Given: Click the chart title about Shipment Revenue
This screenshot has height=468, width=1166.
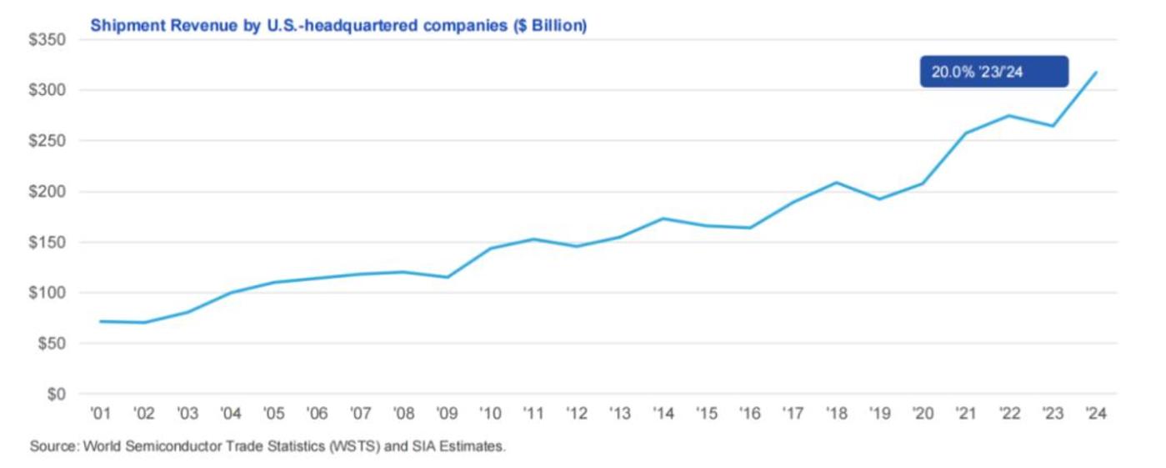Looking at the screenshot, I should (x=338, y=26).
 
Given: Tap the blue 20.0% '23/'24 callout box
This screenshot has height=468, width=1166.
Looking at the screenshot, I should (x=993, y=73).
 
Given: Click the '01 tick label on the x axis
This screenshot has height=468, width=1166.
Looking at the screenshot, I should (x=100, y=414).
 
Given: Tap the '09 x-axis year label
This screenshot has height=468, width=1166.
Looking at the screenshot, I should (x=446, y=414).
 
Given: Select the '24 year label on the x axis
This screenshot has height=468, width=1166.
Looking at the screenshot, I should (x=1095, y=414).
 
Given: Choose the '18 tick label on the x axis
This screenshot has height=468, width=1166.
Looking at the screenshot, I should (x=836, y=414).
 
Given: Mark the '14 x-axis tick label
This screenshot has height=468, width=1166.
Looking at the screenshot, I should (x=663, y=414).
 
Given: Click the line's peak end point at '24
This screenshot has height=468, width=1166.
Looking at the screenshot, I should (x=1096, y=73).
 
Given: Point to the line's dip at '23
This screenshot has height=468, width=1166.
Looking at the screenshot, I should (x=1053, y=126).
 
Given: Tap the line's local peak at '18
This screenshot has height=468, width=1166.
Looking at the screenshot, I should (x=836, y=182).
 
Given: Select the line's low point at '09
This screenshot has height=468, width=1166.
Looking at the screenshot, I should (x=447, y=277).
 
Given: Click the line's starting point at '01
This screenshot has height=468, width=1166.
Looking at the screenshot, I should (x=100, y=321).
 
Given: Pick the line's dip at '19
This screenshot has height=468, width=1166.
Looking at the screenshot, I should (x=879, y=199).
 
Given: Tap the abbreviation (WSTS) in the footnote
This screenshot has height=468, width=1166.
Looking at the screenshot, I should (x=332, y=447).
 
